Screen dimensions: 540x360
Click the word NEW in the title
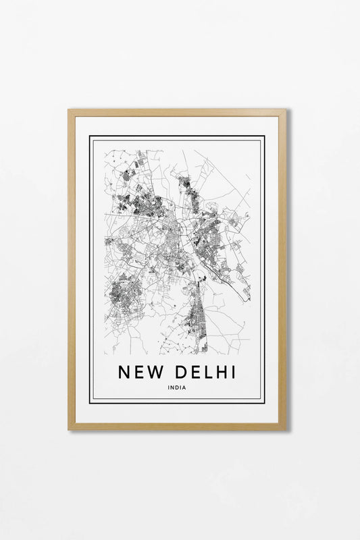point(140,373)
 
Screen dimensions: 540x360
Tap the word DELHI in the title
point(203,373)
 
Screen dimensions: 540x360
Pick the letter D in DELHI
point(178,373)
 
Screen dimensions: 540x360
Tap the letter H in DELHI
point(220,373)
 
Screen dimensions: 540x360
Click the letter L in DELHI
point(207,373)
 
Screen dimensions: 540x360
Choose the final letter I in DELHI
point(232,373)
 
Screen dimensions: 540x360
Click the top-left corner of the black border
point(91,137)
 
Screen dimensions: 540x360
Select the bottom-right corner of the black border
point(264,403)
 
